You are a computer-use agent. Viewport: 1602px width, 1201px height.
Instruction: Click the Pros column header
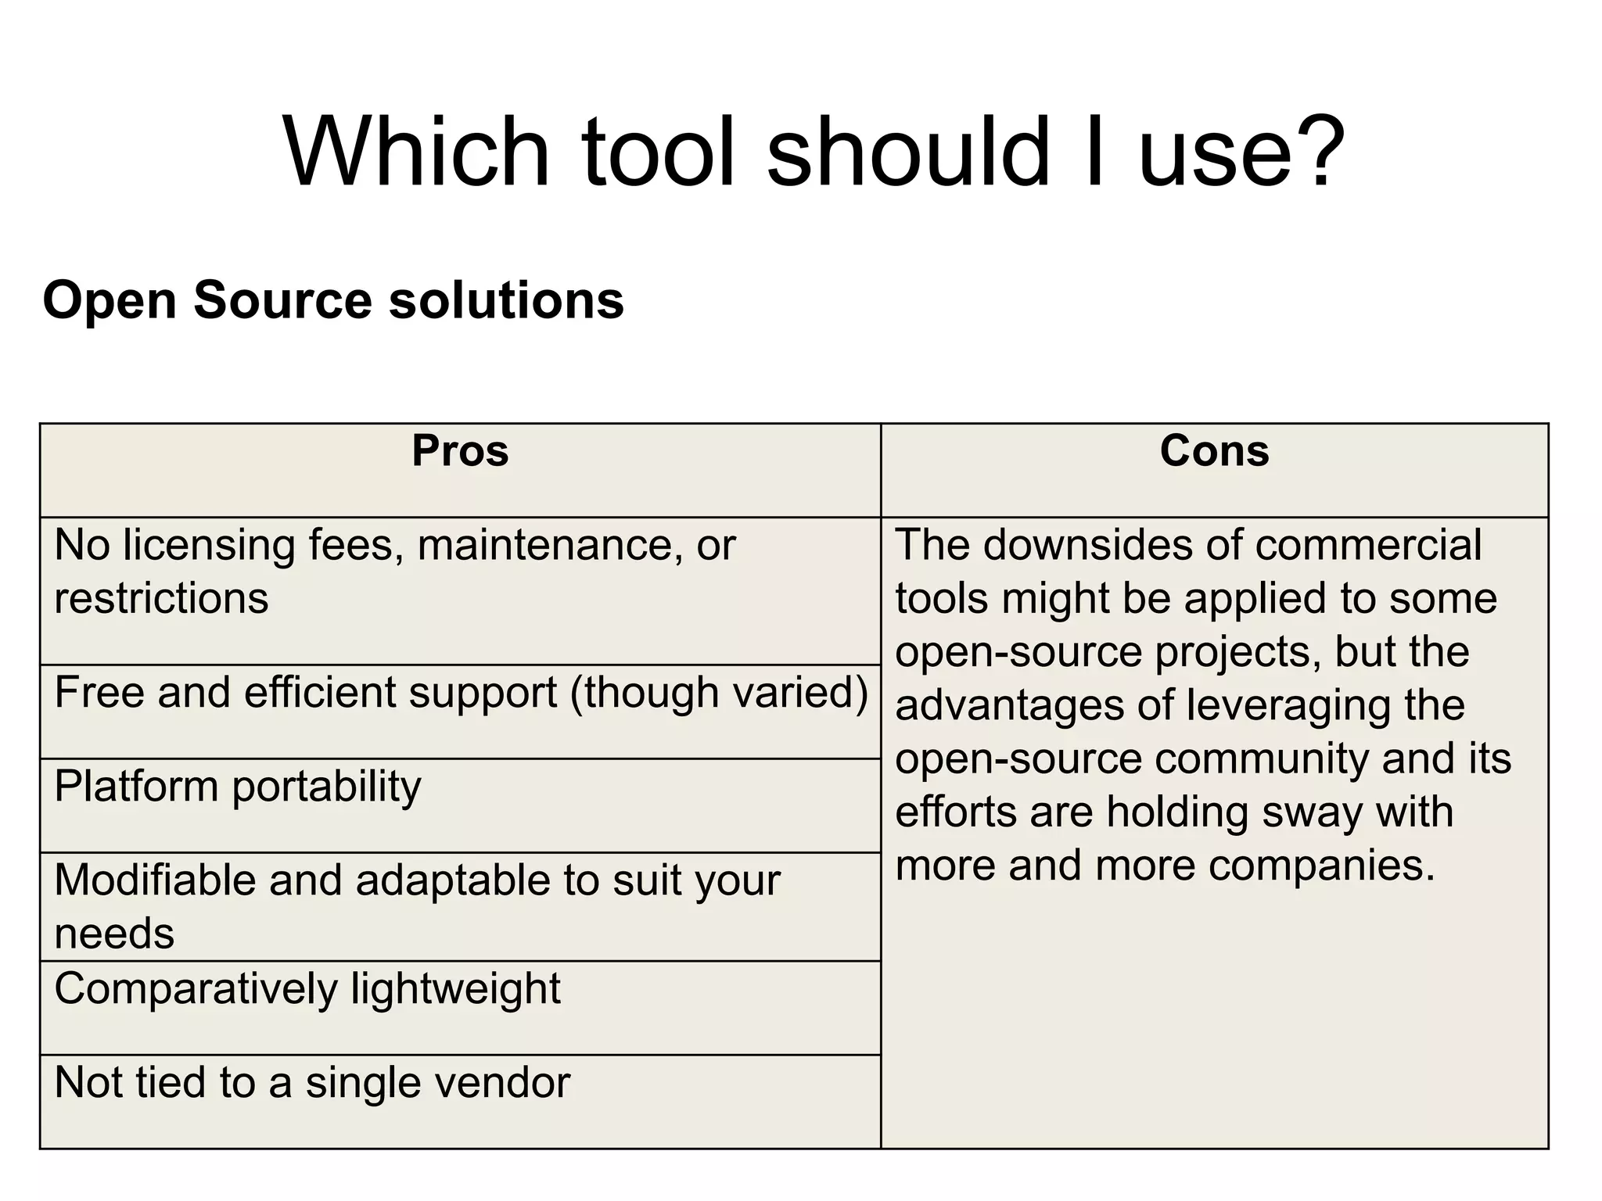(x=460, y=451)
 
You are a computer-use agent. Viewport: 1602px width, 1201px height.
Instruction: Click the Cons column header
(x=1214, y=451)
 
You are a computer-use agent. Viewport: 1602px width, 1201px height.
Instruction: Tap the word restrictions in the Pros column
(x=161, y=599)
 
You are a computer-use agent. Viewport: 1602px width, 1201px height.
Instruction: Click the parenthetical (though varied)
(x=719, y=693)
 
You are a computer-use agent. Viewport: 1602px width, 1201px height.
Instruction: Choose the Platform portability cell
(x=238, y=787)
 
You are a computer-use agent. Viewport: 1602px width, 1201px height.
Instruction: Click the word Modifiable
(x=155, y=880)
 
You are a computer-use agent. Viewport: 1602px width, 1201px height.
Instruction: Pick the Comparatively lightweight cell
(x=307, y=989)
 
